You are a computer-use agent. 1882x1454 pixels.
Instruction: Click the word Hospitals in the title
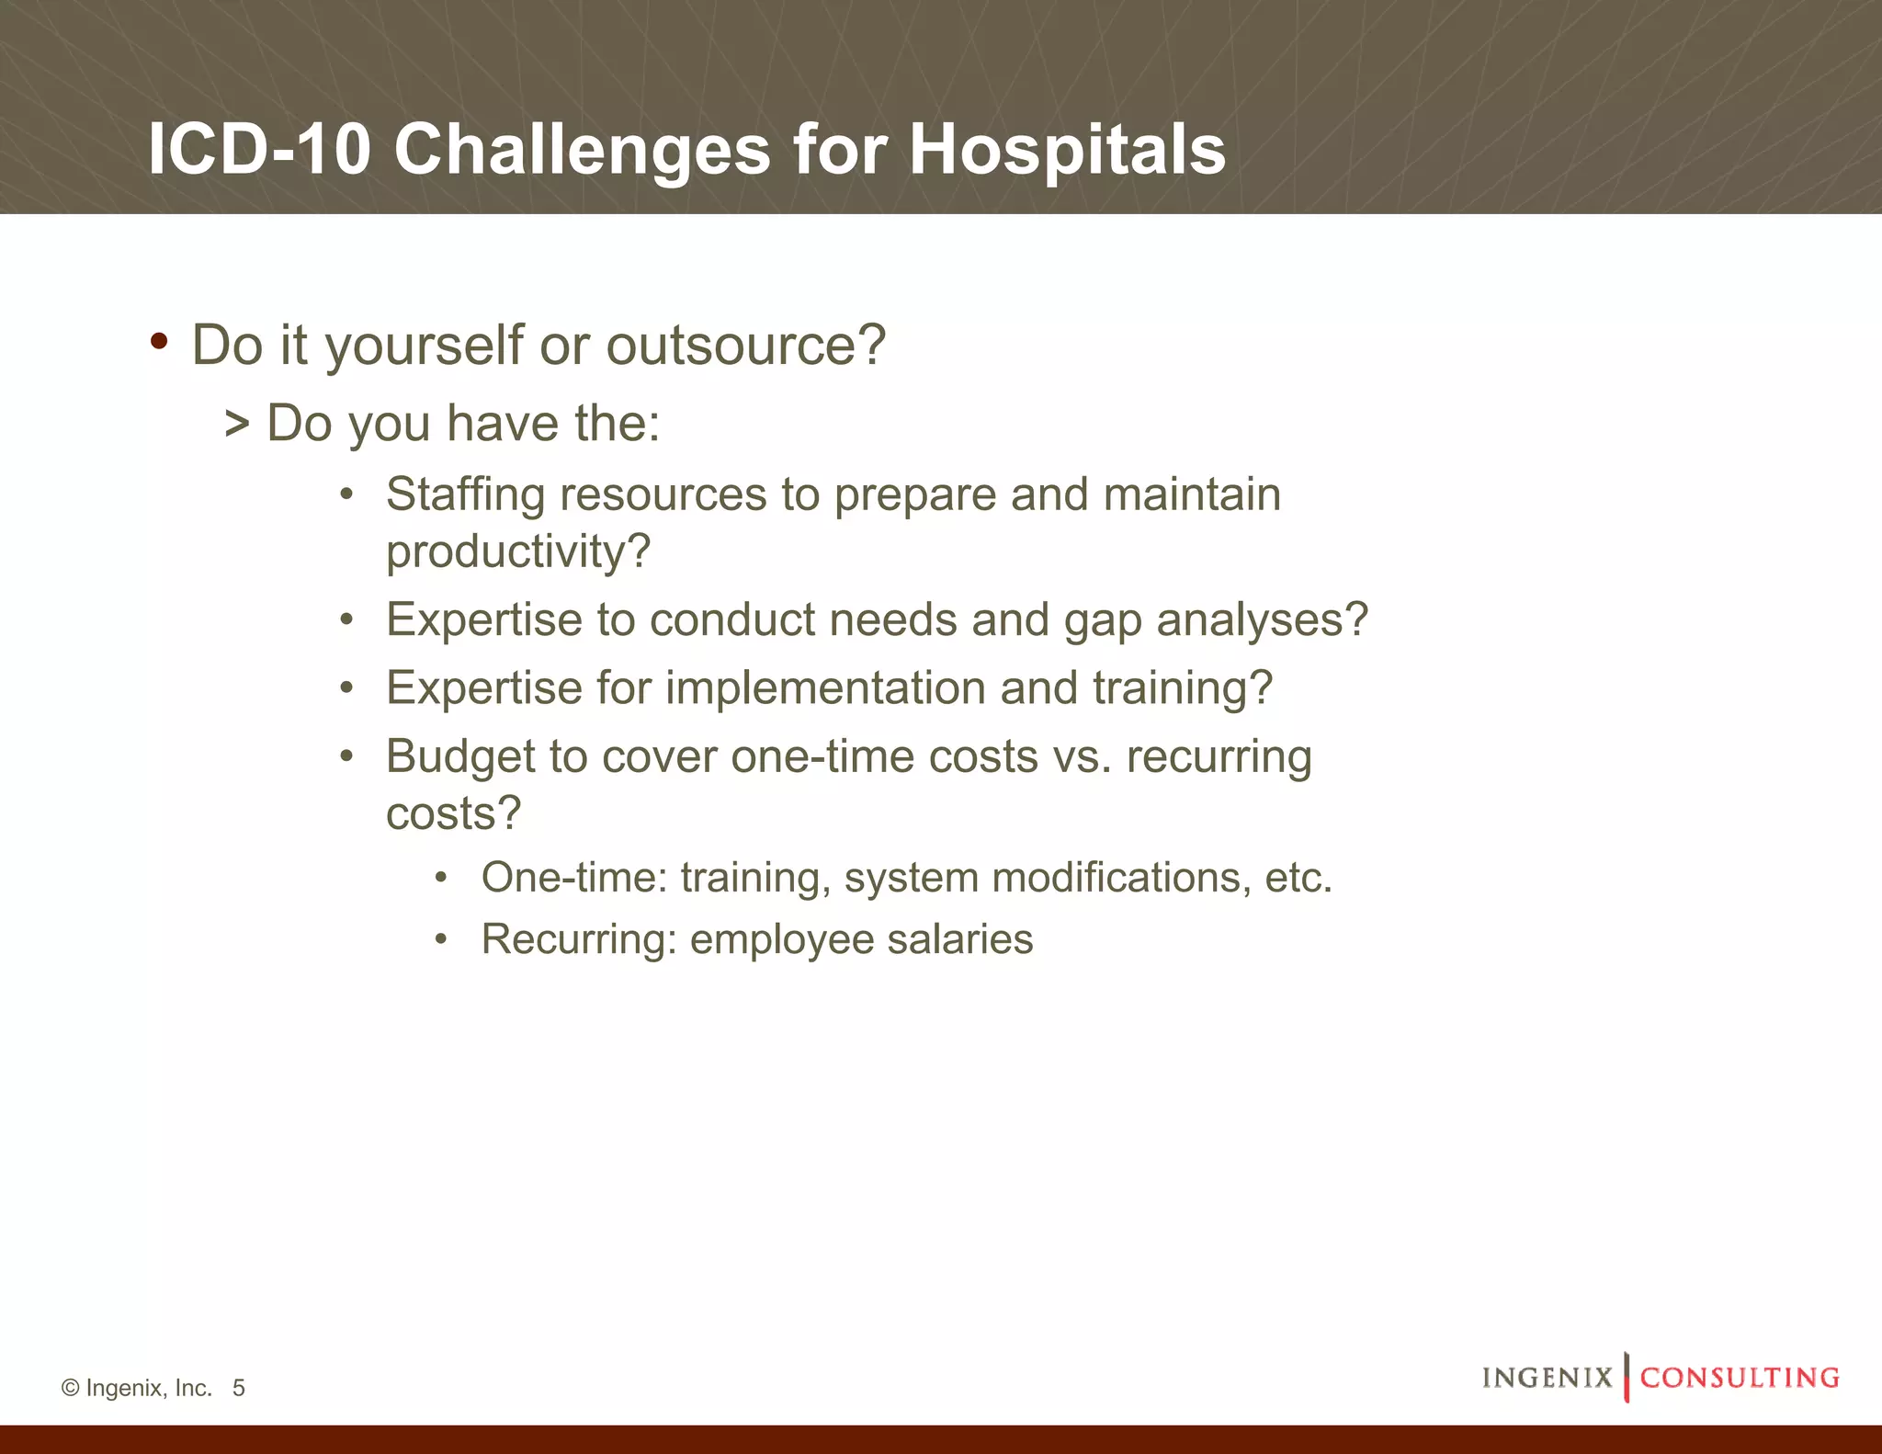1067,149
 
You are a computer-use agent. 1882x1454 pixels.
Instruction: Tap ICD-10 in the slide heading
259,149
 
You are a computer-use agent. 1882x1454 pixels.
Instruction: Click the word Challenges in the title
582,149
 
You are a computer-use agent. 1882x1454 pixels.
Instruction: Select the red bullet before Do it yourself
159,342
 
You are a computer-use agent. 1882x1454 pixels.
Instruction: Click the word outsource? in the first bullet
745,346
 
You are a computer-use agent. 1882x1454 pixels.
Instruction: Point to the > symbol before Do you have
237,425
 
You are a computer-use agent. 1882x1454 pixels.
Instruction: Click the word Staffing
466,494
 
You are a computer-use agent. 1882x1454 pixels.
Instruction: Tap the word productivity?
517,551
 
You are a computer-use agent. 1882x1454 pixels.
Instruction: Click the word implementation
825,687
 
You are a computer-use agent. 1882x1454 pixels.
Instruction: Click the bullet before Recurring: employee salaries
441,939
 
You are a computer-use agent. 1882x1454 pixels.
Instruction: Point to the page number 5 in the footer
239,1388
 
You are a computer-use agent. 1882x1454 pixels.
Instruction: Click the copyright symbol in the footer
70,1388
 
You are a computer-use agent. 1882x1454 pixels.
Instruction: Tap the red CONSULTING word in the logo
1739,1378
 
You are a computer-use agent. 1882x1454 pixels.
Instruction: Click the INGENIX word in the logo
1547,1378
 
